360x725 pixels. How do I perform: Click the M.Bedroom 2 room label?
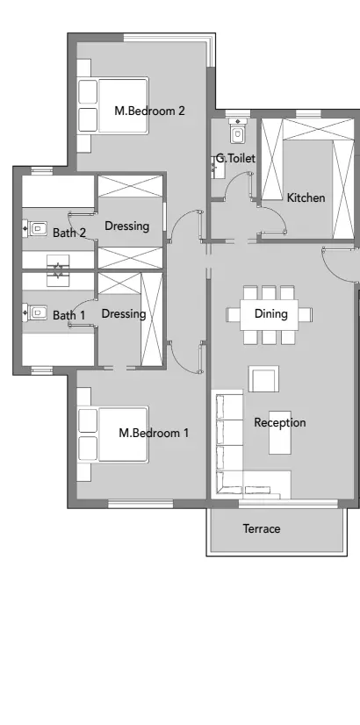(x=150, y=111)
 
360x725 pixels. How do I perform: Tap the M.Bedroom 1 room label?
(x=154, y=433)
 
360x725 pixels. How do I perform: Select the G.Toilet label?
(x=235, y=159)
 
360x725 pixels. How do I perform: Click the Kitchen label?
(x=306, y=197)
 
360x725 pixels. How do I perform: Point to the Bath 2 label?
(x=68, y=233)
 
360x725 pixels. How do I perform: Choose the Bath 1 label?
(x=68, y=314)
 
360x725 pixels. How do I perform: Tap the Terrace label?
(x=262, y=528)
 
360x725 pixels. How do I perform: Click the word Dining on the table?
(x=270, y=313)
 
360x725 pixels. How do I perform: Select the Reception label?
(x=279, y=422)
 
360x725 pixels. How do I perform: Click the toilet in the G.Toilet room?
(x=236, y=131)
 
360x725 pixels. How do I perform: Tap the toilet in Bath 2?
(x=36, y=228)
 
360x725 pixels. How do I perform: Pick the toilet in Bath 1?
(x=36, y=312)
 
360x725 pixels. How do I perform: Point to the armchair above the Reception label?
(x=263, y=379)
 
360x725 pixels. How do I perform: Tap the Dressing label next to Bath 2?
(x=126, y=226)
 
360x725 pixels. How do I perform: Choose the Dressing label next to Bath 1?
(x=123, y=313)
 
